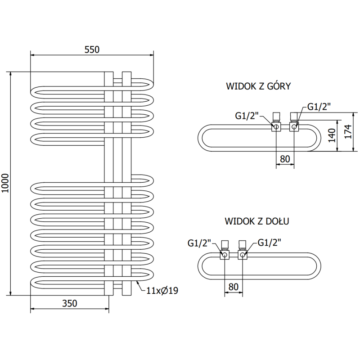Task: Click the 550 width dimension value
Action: click(x=91, y=49)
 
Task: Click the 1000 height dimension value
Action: click(x=5, y=183)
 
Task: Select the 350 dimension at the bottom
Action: click(x=69, y=303)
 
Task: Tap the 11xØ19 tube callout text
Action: click(x=162, y=291)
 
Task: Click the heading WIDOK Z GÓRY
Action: click(x=259, y=86)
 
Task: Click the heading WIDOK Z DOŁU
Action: click(x=257, y=221)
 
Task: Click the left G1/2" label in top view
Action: click(x=247, y=115)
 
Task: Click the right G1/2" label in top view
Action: click(x=319, y=107)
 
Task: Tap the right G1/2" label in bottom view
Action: click(x=270, y=243)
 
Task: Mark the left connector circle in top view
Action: click(x=275, y=127)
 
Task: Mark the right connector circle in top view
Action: click(x=294, y=127)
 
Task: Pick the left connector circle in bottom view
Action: click(x=224, y=255)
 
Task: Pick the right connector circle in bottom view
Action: click(x=243, y=255)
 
